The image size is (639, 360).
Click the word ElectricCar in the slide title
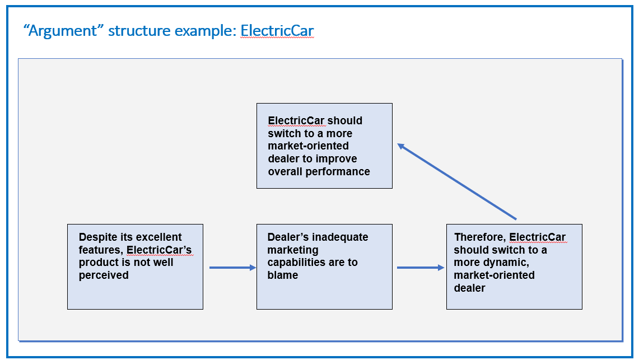(x=277, y=31)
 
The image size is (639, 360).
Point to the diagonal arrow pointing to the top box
(x=457, y=181)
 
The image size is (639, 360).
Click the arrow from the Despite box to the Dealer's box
(x=233, y=268)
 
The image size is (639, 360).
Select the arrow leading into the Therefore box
(x=421, y=268)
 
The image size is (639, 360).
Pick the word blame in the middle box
(x=282, y=275)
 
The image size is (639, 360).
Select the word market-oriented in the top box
(x=308, y=146)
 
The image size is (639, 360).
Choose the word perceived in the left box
(x=104, y=275)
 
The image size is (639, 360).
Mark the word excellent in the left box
(x=160, y=237)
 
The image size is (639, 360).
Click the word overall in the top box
(x=285, y=171)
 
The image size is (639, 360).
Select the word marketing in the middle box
(x=292, y=250)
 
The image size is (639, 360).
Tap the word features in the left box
(x=101, y=250)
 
